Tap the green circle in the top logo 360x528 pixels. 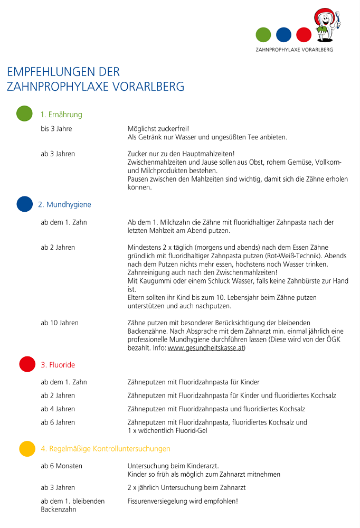pos(263,35)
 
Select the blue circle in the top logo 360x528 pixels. pos(283,35)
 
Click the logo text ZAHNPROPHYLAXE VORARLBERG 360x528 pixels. pos(294,50)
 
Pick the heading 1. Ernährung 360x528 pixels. pos(61,115)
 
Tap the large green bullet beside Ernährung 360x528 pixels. pos(24,114)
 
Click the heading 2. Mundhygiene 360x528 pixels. pos(64,204)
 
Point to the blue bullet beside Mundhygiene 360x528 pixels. pos(24,204)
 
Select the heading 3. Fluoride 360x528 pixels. pos(58,365)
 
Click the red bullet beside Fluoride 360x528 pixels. pos(27,364)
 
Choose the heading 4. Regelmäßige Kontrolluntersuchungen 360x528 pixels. pos(106,449)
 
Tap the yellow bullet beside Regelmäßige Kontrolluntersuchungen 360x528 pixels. pos(27,448)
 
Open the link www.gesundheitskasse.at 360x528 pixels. pos(206,348)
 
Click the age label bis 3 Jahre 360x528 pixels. pos(56,129)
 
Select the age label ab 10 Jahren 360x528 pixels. pos(60,323)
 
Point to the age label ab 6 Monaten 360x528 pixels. pos(61,466)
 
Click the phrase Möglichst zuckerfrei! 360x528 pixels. pos(158,129)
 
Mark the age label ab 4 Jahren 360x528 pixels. pos(58,409)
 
